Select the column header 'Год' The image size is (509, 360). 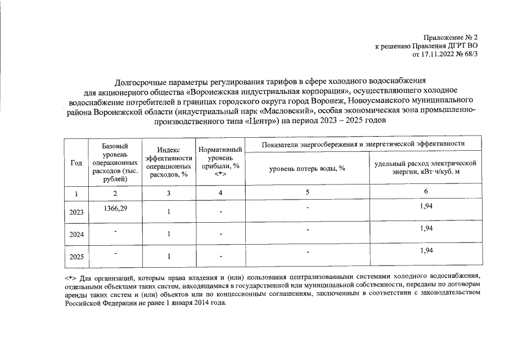[x=75, y=163]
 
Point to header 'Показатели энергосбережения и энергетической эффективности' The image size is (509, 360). [x=363, y=144]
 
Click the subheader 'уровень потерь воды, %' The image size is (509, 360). [x=307, y=168]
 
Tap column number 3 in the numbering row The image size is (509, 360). [x=168, y=193]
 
